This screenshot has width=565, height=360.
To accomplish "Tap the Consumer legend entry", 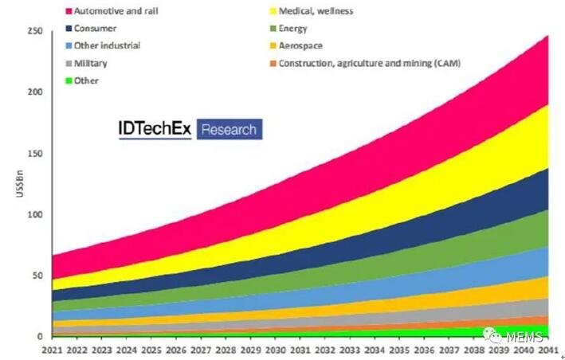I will pos(95,29).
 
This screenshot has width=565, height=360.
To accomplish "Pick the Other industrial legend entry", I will pos(108,45).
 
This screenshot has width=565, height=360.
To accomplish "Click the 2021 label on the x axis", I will pos(53,350).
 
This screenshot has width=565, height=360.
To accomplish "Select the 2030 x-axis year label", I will pos(275,350).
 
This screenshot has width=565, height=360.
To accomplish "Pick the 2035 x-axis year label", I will pos(399,350).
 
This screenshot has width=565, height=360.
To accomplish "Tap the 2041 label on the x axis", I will pos(547,350).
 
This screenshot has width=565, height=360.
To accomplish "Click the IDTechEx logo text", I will pos(155,128).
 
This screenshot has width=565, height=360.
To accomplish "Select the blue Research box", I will pos(229,129).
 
